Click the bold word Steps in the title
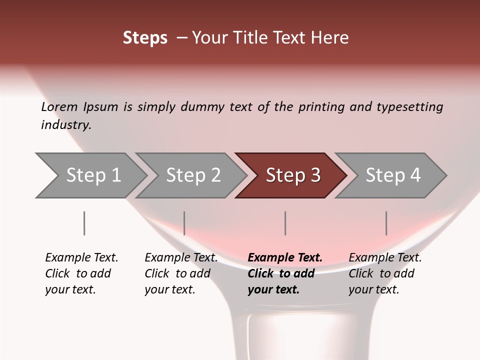(145, 38)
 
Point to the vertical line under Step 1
(84, 223)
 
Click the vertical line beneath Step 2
(184, 223)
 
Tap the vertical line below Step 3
(285, 223)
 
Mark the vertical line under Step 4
(386, 223)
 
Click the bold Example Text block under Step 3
(285, 273)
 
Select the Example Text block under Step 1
(81, 273)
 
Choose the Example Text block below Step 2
(181, 273)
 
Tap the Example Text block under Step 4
(385, 273)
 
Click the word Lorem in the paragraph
(59, 107)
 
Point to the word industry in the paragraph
(66, 125)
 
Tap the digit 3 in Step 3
(315, 175)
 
